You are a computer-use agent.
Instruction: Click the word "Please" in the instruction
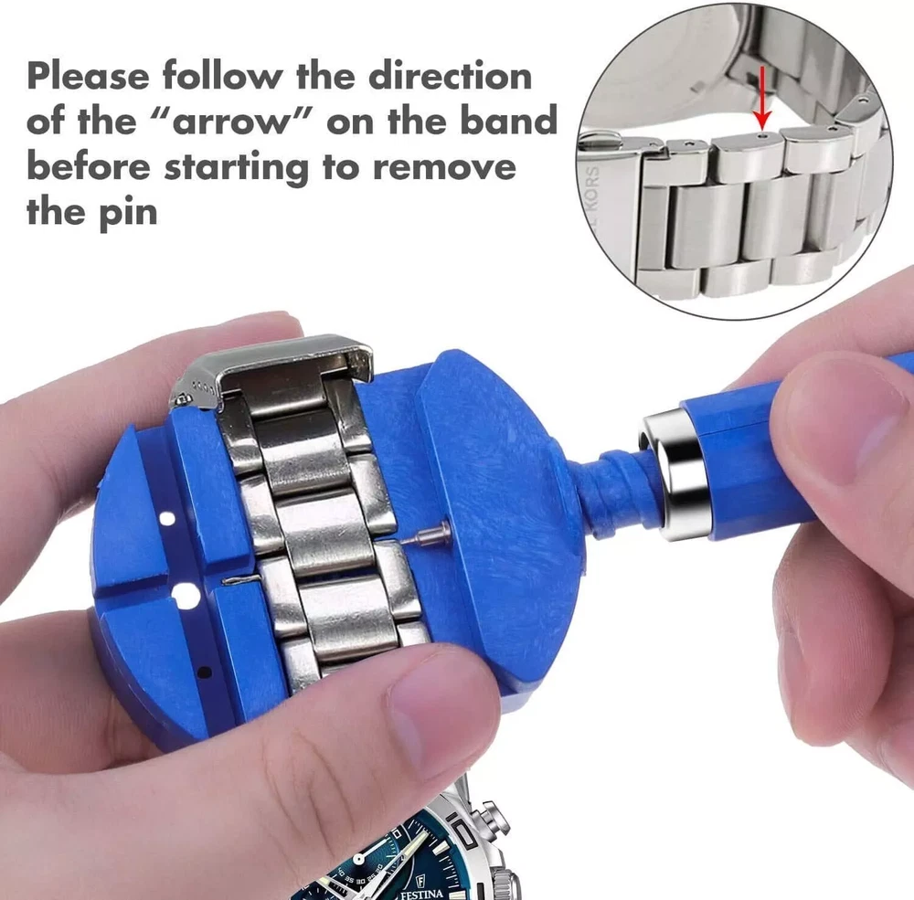(88, 77)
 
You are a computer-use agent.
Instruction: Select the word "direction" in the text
(451, 76)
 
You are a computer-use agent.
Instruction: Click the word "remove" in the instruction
(445, 167)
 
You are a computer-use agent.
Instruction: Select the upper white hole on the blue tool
(167, 518)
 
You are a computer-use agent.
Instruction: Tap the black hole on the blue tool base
(204, 674)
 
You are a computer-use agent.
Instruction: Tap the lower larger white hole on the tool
(186, 596)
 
